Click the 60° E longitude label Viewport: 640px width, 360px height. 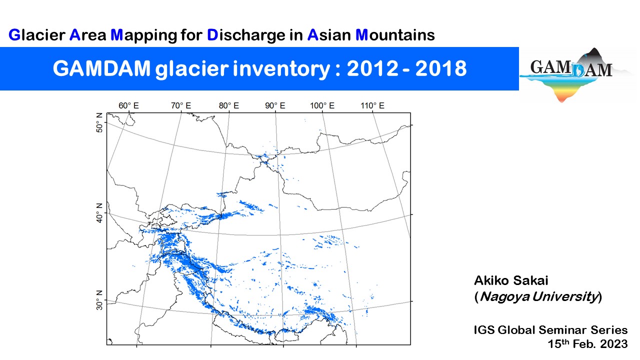pos(128,105)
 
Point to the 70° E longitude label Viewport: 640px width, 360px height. pos(181,105)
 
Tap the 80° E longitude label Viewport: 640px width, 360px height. pos(229,105)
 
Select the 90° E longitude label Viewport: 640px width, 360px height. pos(275,105)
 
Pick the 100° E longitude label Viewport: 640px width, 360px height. pos(322,105)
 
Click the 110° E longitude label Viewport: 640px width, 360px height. pos(372,105)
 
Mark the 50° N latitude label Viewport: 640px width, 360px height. pos(99,123)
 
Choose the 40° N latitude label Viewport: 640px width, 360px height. pos(99,213)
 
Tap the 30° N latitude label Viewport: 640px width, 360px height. pos(99,300)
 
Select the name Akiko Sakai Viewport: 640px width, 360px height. pos(511,280)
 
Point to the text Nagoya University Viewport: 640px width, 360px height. pos(539,296)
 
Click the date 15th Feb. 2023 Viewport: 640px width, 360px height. pos(587,343)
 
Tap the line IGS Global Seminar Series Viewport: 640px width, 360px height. pos(550,330)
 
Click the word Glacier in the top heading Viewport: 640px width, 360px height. pos(37,35)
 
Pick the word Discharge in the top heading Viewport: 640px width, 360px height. pos(246,35)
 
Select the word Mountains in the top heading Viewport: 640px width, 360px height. pos(395,35)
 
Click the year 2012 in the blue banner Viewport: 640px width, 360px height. pos(372,68)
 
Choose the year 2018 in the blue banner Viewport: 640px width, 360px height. pos(441,68)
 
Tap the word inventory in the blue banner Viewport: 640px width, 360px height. pos(281,69)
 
